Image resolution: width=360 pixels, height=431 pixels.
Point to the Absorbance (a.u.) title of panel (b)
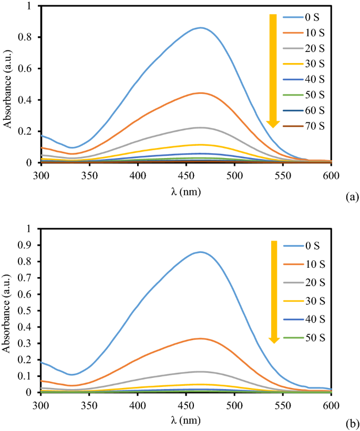pyautogui.click(x=7, y=310)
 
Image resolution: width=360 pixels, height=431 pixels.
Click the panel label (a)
pyautogui.click(x=352, y=197)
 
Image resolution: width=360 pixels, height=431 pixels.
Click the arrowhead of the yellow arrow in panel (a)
pyautogui.click(x=273, y=123)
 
